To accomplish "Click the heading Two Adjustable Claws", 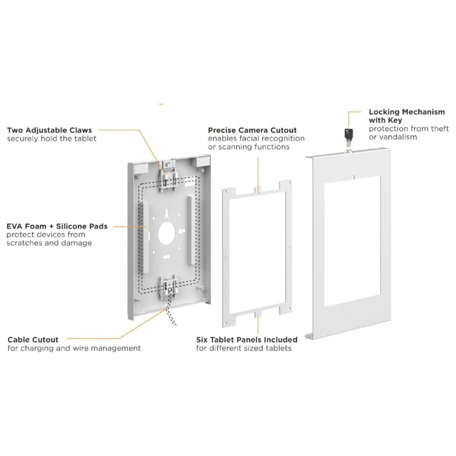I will (49, 130).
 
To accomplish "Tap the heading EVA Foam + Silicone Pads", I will (57, 226).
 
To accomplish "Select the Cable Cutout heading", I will (33, 340).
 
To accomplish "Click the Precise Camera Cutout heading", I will (252, 130).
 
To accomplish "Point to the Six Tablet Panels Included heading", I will (246, 340).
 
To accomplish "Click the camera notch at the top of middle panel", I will (258, 190).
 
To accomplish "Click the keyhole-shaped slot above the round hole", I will (166, 213).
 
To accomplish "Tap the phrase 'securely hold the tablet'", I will (51, 139).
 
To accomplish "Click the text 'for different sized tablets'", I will (244, 348).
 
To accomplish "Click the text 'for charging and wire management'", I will (74, 348).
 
